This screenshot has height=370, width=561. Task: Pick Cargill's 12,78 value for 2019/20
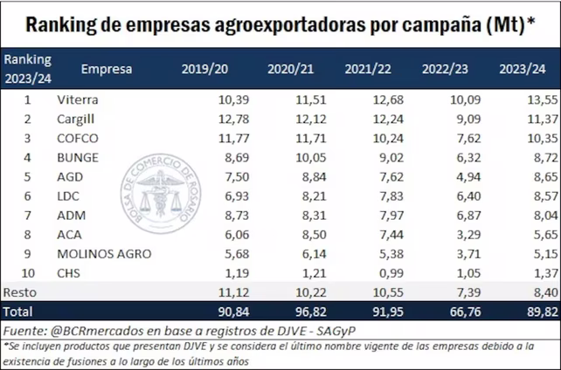[233, 119]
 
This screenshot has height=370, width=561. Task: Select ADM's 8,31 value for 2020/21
[308, 215]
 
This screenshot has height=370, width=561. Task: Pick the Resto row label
[20, 291]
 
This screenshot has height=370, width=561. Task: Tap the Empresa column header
[107, 68]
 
